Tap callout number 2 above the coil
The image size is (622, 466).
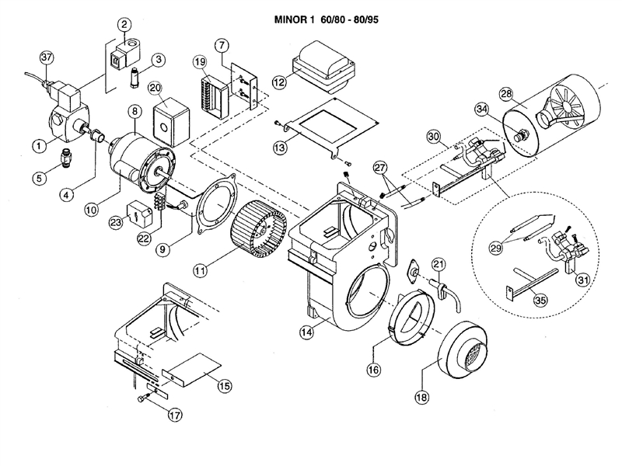point(123,25)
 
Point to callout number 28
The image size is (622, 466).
point(506,93)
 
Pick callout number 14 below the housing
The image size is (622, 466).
point(307,332)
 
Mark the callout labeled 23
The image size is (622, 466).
point(116,221)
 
